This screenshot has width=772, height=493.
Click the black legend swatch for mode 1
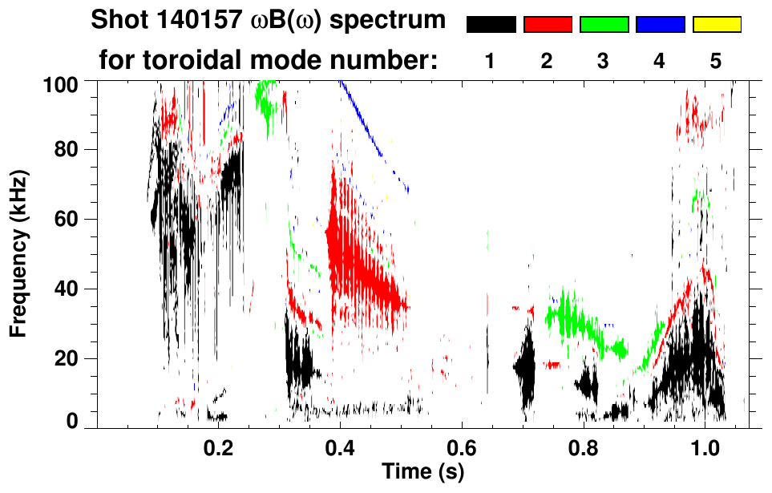tap(491, 25)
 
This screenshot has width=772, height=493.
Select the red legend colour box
tap(548, 25)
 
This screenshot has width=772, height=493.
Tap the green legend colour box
tap(604, 25)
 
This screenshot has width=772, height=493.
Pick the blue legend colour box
tap(660, 25)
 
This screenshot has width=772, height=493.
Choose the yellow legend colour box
tap(716, 25)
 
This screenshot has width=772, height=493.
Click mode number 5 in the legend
tap(716, 62)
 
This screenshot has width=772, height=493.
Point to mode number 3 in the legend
tap(604, 62)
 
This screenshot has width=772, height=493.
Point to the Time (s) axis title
tap(422, 471)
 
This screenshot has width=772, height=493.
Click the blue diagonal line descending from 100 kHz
tap(374, 136)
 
